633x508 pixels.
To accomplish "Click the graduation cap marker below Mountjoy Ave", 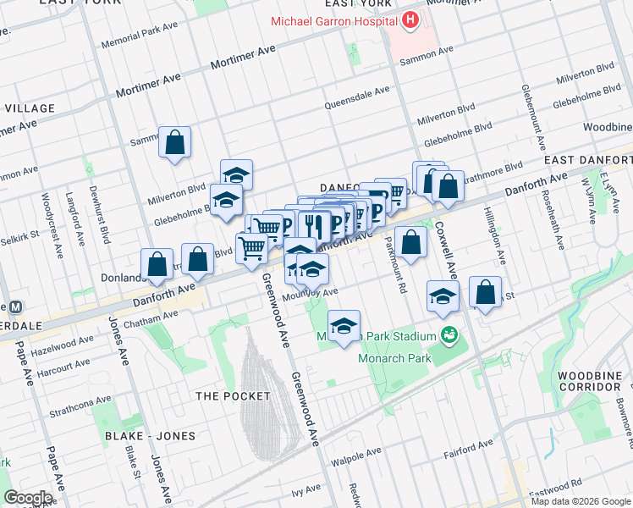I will click(344, 327).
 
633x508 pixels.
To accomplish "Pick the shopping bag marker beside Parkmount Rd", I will click(410, 243).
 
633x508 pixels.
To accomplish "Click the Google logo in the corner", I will click(28, 498).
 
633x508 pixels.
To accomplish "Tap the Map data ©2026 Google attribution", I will click(581, 501).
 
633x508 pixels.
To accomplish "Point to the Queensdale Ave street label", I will click(357, 98).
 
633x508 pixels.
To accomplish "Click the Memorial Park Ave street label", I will click(140, 36).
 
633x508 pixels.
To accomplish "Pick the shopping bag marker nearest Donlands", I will click(157, 265).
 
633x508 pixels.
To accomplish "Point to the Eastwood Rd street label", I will click(563, 482).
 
